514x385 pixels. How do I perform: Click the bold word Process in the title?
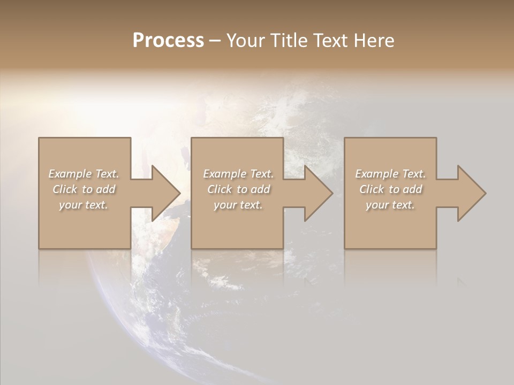(168, 41)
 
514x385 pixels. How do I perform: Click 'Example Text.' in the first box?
(84, 174)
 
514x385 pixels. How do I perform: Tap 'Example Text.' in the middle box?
(238, 174)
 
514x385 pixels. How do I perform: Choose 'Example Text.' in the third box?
(390, 174)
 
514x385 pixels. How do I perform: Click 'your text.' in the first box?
(84, 205)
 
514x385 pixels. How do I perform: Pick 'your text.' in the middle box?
(238, 205)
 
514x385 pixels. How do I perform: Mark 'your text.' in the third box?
(390, 205)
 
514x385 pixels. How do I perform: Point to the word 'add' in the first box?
(105, 189)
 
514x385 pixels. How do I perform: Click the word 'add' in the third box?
(412, 189)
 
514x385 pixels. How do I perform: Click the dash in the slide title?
(215, 41)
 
